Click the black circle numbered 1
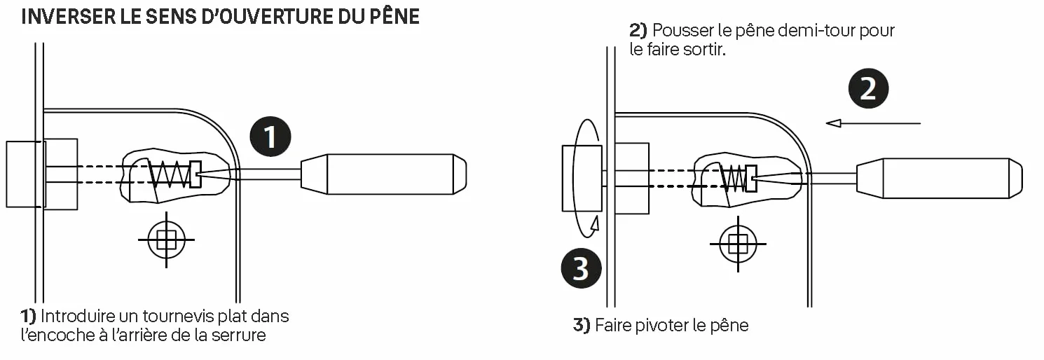click(270, 137)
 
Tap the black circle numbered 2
click(868, 88)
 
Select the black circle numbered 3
click(581, 268)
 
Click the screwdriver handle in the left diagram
click(383, 174)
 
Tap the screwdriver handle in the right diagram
click(940, 179)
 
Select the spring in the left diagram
click(169, 175)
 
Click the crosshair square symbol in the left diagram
click(166, 240)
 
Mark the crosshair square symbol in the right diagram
click(738, 244)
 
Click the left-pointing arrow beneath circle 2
click(873, 123)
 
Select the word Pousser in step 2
click(682, 31)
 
